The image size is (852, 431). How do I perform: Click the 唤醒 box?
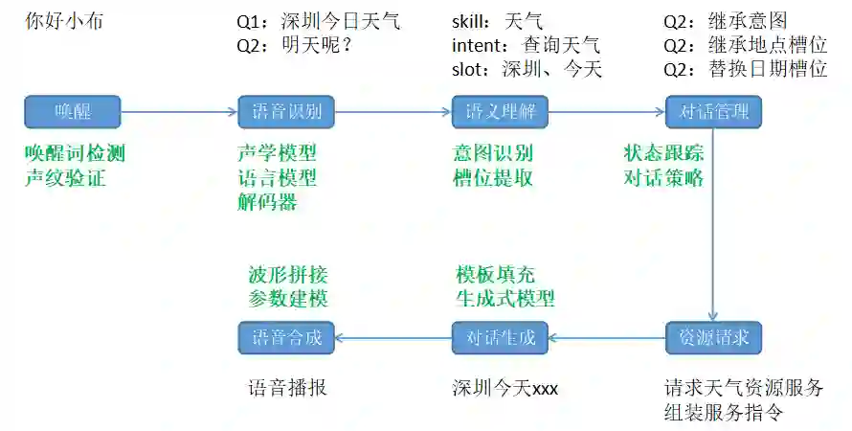[72, 112]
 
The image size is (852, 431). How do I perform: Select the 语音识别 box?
[286, 112]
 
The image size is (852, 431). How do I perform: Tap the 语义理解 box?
[500, 112]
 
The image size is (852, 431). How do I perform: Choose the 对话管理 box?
[713, 112]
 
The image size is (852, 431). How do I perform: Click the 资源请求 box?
[713, 337]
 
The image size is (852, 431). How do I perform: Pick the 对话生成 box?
[500, 337]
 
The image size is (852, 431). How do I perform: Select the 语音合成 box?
[286, 337]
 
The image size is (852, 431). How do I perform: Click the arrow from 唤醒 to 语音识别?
[179, 112]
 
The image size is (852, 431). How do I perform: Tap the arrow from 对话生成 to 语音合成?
[392, 337]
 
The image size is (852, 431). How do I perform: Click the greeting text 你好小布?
[63, 20]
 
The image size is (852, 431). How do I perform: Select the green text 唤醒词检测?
[75, 153]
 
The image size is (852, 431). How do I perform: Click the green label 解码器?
[267, 201]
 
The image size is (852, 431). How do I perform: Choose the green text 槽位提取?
[493, 177]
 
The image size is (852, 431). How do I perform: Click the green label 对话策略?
[663, 177]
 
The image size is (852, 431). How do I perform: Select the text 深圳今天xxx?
[504, 389]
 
